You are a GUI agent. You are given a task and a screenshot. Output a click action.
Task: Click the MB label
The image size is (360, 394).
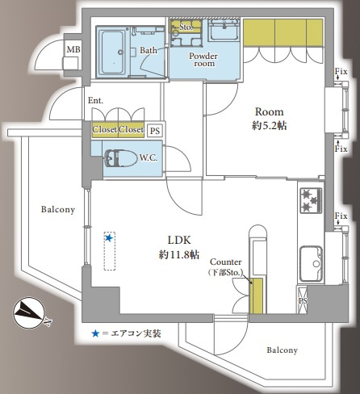73,49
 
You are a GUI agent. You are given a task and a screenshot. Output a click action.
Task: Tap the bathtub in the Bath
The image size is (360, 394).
112,52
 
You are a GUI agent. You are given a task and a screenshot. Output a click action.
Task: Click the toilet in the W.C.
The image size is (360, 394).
120,158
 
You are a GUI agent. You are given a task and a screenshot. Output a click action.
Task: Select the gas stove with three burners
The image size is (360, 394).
311,201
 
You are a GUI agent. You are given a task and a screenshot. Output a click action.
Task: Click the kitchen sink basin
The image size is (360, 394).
311,263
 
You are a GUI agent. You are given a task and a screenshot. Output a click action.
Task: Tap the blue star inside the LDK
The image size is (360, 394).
109,238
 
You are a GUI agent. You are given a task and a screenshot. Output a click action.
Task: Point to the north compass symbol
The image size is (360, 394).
29,313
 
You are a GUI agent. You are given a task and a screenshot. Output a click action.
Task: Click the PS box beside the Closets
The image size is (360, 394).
155,131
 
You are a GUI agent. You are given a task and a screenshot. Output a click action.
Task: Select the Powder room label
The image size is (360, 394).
203,60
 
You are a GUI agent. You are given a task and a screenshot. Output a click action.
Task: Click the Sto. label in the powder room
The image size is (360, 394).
186,27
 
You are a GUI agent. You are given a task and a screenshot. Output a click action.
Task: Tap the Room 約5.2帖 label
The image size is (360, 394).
270,119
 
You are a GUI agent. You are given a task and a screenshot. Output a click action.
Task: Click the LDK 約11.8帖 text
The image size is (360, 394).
179,247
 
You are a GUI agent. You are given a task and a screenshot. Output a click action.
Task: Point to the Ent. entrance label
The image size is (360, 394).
95,101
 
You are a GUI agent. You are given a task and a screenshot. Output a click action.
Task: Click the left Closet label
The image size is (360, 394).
105,130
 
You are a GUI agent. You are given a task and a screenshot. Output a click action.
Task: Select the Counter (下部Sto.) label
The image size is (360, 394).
226,267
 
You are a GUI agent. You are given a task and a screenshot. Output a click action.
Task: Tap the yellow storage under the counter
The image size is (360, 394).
256,296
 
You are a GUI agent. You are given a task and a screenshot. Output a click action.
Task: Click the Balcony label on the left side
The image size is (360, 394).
58,210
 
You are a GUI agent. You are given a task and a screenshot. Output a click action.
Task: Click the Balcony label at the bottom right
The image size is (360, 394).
283,350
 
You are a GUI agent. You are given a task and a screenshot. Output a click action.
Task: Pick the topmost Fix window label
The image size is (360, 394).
341,72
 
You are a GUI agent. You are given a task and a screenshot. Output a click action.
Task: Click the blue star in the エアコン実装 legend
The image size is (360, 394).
95,334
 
